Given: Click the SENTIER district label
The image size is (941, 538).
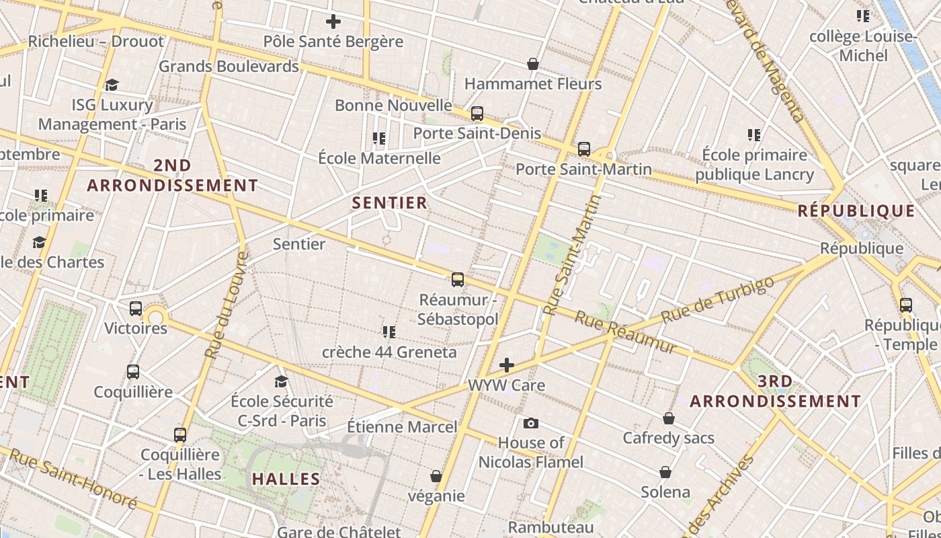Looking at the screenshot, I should tap(390, 202).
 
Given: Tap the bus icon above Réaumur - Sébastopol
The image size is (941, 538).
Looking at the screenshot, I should tap(458, 279).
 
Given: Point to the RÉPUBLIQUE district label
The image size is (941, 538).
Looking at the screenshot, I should tap(856, 211).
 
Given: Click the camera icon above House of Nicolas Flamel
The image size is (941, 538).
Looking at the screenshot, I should tap(531, 423).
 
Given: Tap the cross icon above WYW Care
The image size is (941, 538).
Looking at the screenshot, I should tap(507, 365).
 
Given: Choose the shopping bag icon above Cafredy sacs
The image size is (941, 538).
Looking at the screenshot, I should tap(668, 418).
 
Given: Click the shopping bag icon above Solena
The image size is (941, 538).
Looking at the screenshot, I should tap(665, 472).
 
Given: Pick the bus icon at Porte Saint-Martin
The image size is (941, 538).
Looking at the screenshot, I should tap(584, 149).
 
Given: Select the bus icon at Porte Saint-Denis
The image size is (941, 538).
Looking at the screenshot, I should tap(477, 114).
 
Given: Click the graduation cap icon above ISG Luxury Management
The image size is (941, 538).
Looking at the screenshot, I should tap(112, 85).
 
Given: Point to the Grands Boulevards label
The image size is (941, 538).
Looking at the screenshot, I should tap(229, 67).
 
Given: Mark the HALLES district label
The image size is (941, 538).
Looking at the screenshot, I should tap(286, 479).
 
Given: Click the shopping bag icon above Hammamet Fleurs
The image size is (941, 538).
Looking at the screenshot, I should tap(533, 64).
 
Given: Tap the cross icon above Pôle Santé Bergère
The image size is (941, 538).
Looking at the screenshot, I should tap(333, 22).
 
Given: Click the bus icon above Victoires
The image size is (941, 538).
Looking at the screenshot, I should tap(136, 309).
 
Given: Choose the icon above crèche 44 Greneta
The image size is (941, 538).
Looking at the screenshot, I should tap(388, 332).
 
